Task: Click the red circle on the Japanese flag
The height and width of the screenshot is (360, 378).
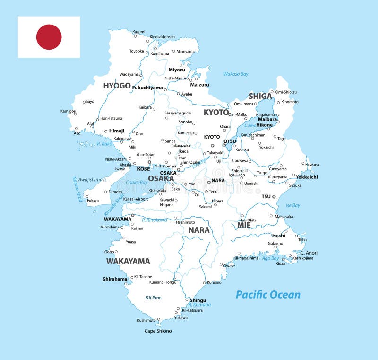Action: point(49,37)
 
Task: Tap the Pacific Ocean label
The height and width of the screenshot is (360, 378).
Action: point(268,295)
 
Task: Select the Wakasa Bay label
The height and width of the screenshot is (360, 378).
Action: point(236,74)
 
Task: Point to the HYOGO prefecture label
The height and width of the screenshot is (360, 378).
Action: point(117,86)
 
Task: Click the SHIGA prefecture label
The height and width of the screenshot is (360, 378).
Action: point(260,96)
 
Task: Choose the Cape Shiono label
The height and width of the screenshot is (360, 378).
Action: point(158,331)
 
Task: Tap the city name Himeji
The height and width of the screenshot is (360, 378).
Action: point(116,131)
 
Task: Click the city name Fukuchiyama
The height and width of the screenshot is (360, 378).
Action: point(147,88)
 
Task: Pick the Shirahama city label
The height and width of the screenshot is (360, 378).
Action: point(115,279)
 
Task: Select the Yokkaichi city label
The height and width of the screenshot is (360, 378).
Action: point(307,177)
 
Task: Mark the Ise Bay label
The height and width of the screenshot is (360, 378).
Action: point(293,205)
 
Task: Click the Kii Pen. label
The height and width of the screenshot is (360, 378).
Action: point(154,297)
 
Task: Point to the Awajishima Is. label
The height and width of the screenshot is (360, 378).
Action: point(94,180)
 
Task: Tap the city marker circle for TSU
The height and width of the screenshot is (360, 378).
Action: point(274,196)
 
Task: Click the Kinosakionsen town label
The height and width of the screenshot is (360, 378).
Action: point(162,37)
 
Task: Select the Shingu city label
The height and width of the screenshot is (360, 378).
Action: point(198,300)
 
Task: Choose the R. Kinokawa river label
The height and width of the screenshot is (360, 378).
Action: point(154,220)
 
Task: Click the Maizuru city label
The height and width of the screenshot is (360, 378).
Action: point(199,85)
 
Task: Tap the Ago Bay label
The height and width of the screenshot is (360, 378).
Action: point(271,258)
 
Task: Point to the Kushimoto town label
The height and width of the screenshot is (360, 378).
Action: point(146,320)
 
